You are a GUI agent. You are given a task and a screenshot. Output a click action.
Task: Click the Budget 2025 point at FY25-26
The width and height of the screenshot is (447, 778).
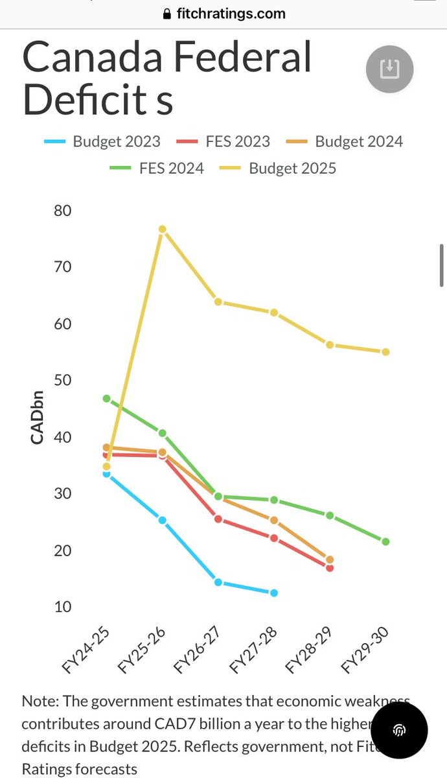click(x=163, y=230)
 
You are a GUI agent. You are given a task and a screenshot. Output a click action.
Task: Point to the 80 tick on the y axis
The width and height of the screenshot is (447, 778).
click(x=63, y=211)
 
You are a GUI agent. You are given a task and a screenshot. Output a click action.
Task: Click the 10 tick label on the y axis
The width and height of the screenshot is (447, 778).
click(x=63, y=607)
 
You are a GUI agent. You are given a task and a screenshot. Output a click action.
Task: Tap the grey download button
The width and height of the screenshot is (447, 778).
click(x=389, y=69)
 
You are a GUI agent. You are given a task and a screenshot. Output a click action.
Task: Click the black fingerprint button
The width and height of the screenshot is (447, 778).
click(x=399, y=730)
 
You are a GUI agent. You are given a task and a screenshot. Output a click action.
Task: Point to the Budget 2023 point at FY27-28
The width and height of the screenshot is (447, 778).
click(x=274, y=593)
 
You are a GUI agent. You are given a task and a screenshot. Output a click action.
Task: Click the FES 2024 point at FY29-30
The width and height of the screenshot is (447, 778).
click(x=385, y=541)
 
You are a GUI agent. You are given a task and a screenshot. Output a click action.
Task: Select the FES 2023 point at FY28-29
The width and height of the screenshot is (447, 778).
click(x=330, y=568)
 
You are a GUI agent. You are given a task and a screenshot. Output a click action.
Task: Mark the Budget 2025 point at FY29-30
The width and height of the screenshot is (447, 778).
click(x=385, y=352)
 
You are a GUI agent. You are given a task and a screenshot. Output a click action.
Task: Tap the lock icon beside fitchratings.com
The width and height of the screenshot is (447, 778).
click(x=167, y=14)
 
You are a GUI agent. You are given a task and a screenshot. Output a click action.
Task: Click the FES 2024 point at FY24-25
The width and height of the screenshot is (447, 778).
click(x=107, y=399)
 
